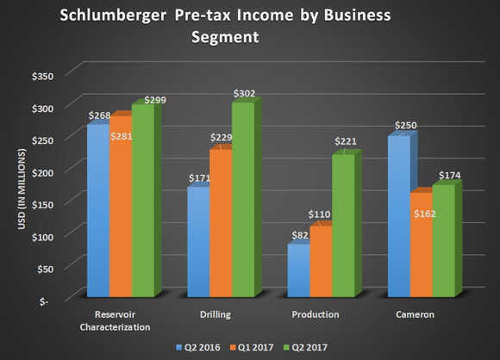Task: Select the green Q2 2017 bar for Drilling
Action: tap(243, 198)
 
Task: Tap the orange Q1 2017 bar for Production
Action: tap(321, 263)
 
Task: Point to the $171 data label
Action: tap(198, 178)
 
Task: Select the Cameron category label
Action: tap(416, 314)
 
